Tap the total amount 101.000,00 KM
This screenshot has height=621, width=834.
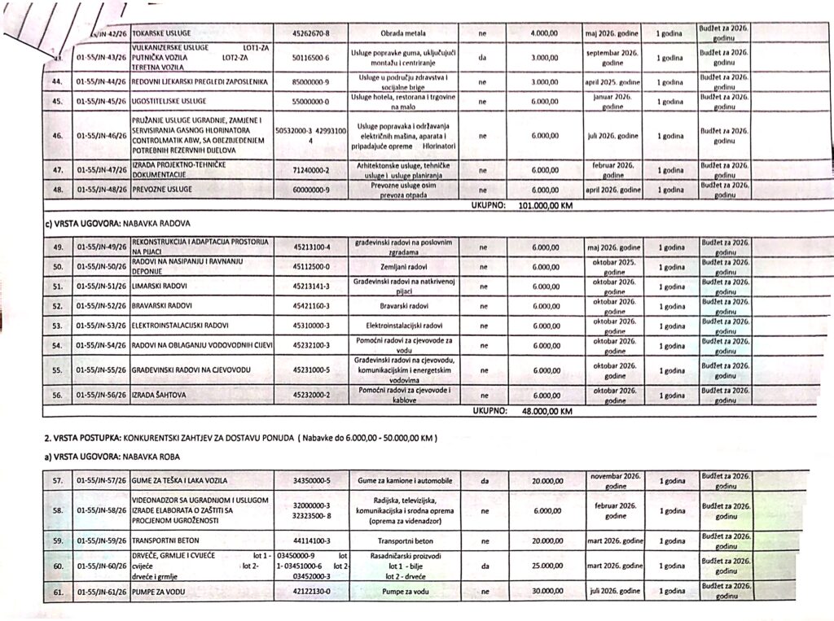point(546,206)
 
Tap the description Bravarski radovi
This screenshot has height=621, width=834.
point(398,306)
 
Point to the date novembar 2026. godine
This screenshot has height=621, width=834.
point(616,480)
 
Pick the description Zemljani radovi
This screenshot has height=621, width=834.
point(398,266)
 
